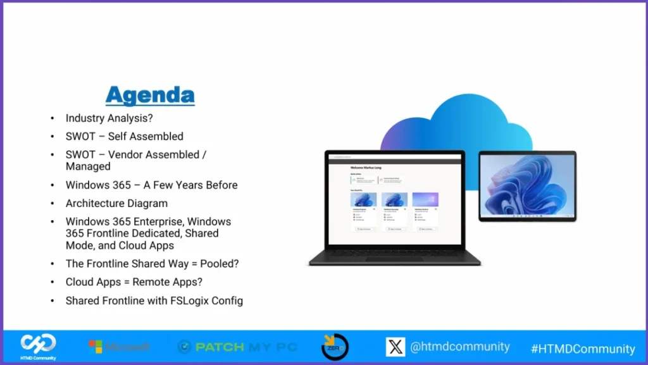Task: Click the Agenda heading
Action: click(150, 95)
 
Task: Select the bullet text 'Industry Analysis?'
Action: click(109, 118)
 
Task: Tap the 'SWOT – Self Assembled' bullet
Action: click(124, 136)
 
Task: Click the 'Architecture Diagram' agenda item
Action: click(116, 204)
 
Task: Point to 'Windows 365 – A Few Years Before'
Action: click(151, 185)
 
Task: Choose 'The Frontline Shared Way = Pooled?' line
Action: click(152, 264)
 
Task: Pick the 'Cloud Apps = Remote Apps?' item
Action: click(134, 282)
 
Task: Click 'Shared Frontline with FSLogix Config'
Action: click(154, 300)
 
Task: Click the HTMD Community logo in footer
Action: click(38, 345)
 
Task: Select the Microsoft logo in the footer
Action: click(119, 347)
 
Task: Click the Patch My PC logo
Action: click(237, 347)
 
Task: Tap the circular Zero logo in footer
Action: click(335, 346)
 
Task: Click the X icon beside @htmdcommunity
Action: click(396, 347)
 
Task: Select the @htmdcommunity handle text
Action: click(459, 347)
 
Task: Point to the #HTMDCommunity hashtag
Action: click(583, 349)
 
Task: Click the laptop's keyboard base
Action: click(394, 257)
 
